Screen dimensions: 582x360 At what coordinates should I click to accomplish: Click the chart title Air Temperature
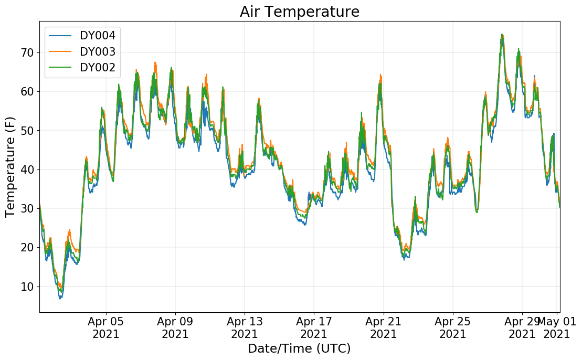300,12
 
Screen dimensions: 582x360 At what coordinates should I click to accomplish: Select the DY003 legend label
98,51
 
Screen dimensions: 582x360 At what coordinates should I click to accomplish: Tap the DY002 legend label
98,68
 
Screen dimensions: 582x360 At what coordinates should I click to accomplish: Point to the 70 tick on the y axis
27,52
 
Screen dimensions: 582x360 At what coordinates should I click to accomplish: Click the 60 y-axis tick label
27,92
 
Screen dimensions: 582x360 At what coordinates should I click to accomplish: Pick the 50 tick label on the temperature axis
27,131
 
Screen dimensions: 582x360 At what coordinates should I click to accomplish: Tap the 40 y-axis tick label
27,170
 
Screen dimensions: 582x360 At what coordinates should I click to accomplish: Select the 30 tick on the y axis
27,208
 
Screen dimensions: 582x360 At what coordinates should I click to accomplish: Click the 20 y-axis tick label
27,248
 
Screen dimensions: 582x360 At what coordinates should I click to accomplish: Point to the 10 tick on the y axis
27,287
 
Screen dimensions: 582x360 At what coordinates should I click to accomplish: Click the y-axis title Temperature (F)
10,167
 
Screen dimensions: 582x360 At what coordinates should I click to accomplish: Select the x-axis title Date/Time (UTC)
300,348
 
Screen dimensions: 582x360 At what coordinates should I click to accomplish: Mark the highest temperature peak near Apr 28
502,35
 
